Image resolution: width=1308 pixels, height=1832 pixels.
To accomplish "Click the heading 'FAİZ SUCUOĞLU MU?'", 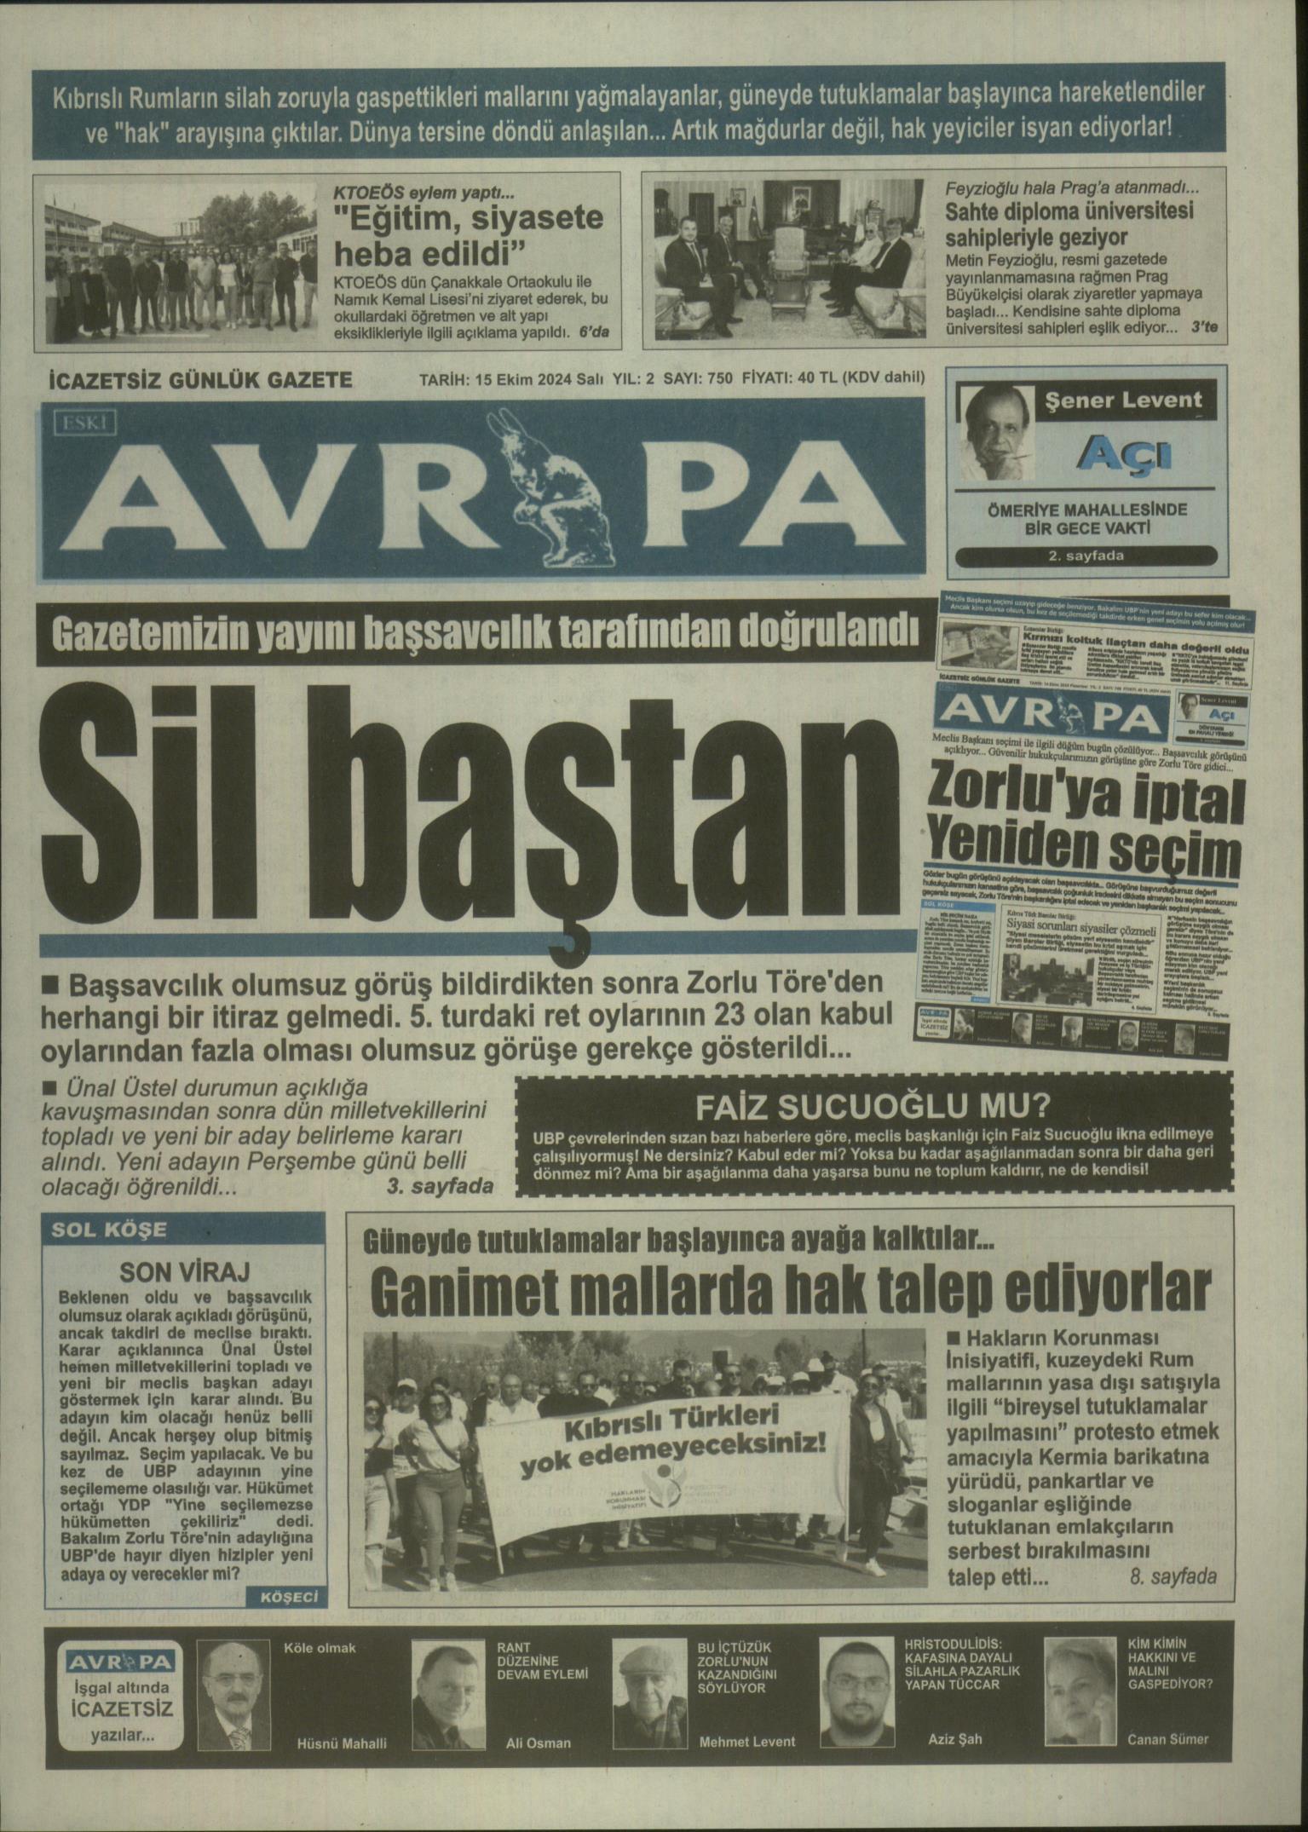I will [x=873, y=1107].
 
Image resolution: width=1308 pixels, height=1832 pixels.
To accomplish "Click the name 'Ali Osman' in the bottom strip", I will [x=538, y=1743].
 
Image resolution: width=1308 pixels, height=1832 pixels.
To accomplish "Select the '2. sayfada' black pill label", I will [x=1086, y=556].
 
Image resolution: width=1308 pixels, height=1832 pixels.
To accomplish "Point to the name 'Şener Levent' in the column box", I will [x=1123, y=400].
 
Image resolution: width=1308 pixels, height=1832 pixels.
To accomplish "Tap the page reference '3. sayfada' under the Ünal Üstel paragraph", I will [x=440, y=1186].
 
